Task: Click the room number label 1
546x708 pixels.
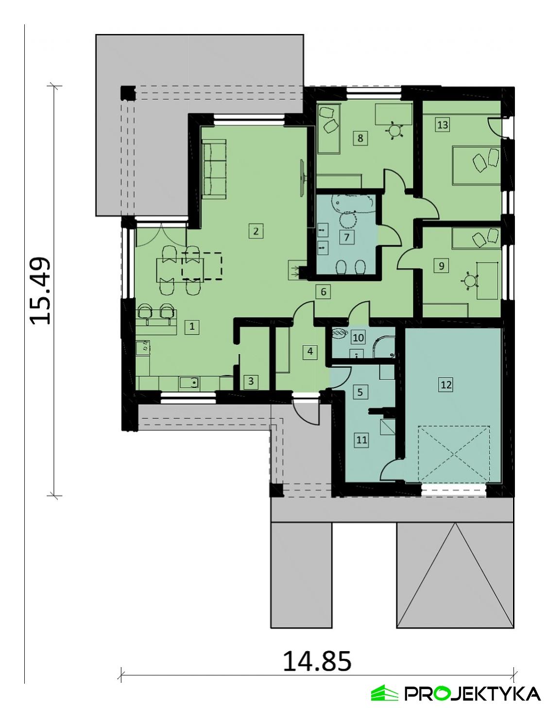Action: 192,326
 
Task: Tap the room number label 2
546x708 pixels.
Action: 256,230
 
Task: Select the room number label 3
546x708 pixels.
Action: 251,381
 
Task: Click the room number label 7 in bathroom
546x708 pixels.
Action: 347,238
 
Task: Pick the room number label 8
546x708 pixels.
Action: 360,138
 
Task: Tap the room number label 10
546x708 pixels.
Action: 358,337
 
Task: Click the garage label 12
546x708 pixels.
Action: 445,385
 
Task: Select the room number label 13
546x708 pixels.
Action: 442,124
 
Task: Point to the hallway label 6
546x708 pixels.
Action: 323,292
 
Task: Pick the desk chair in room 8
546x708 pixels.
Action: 395,130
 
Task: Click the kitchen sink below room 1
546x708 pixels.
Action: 189,383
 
